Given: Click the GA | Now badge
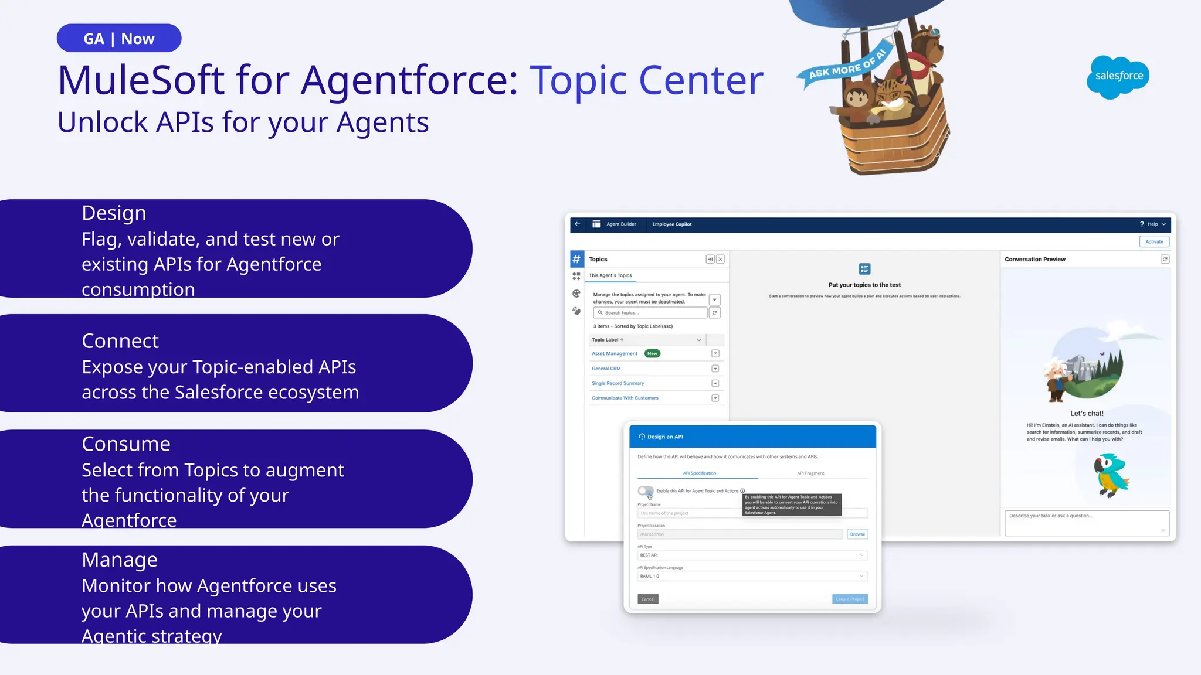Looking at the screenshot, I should [119, 39].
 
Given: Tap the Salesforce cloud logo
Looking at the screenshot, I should [1118, 76].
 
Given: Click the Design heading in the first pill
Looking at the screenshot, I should [114, 213].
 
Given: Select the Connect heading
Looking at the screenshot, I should [120, 341].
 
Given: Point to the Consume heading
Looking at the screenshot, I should [126, 444].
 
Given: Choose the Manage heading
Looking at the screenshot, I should [120, 560].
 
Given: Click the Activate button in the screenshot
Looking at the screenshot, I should [1154, 241].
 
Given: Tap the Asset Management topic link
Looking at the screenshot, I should [614, 354].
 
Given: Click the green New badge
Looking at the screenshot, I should [652, 354].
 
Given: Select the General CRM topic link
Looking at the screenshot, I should [606, 369].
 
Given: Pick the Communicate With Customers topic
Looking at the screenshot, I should [625, 398].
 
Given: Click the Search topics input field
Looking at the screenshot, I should [650, 313].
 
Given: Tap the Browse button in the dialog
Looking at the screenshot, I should [857, 534].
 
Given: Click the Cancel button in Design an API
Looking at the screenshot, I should [648, 599].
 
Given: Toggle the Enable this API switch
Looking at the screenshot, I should [646, 491].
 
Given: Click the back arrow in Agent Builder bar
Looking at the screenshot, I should [578, 224].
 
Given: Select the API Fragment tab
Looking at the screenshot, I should [810, 473].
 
